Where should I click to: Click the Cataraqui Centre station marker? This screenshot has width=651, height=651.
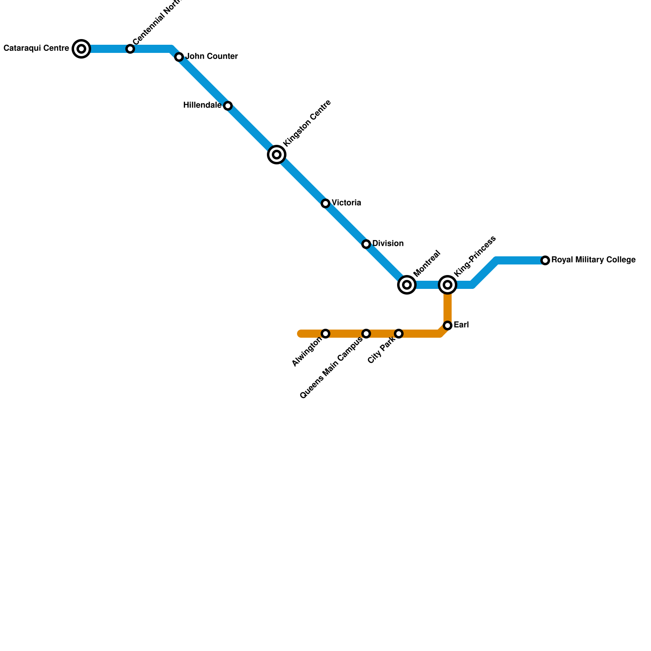tap(81, 49)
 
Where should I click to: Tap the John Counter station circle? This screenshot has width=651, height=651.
tap(179, 57)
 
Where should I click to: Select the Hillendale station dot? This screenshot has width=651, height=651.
tap(228, 106)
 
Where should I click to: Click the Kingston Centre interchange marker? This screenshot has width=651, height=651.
tap(277, 155)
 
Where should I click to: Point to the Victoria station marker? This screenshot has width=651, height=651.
tap(325, 203)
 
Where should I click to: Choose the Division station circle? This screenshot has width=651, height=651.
tap(366, 244)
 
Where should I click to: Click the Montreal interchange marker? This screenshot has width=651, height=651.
tap(407, 285)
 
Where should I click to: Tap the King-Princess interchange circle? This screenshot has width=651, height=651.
tap(448, 285)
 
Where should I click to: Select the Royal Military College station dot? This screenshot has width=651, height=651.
tap(545, 260)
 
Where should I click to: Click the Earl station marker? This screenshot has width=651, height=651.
tap(448, 325)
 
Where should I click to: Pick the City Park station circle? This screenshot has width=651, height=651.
tap(399, 334)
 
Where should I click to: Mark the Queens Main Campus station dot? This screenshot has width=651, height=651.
tap(366, 334)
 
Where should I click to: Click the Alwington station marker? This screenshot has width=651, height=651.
tap(325, 334)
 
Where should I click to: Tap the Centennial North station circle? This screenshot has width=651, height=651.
tap(130, 49)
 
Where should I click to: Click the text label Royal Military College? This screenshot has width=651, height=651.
tap(593, 260)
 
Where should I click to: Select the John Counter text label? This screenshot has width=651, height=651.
tap(212, 57)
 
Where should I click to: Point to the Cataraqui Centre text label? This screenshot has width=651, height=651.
tap(36, 48)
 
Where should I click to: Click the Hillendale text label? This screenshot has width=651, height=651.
tap(202, 105)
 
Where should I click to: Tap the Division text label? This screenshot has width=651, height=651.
tap(388, 244)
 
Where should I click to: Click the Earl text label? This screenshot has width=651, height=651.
tap(461, 325)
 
